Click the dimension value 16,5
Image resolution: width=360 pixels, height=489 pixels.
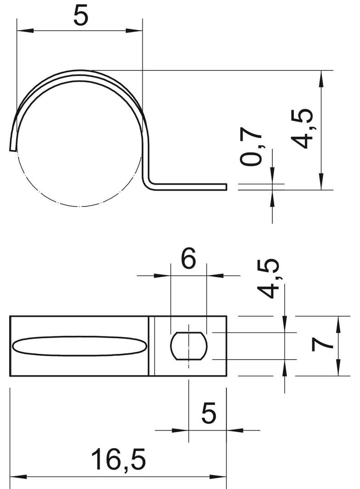[118, 460]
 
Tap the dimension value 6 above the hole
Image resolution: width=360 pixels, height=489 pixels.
[189, 260]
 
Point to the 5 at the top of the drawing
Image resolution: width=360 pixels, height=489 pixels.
[80, 17]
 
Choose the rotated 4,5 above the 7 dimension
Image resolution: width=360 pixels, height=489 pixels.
[268, 278]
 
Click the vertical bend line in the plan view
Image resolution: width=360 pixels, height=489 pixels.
[151, 345]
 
